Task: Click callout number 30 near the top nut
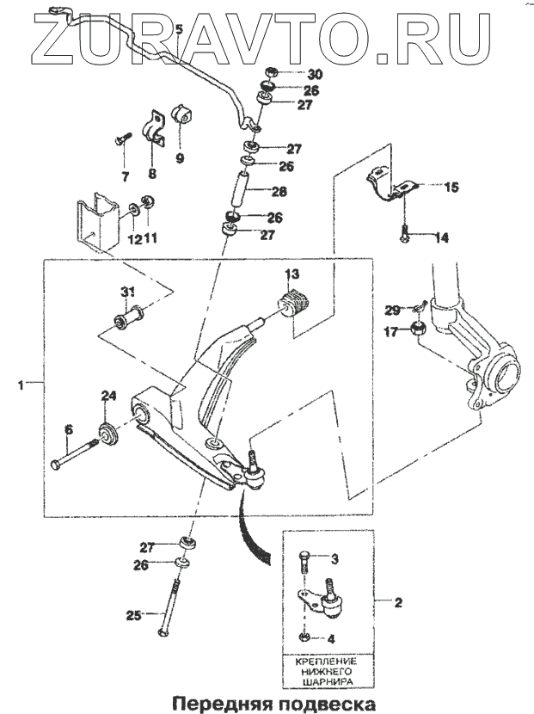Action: (291, 74)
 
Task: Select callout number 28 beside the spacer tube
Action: (279, 191)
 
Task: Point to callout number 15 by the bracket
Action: (451, 187)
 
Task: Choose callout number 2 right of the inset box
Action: (397, 604)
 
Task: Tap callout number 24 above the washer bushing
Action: (108, 396)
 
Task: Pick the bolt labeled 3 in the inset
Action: (304, 563)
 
